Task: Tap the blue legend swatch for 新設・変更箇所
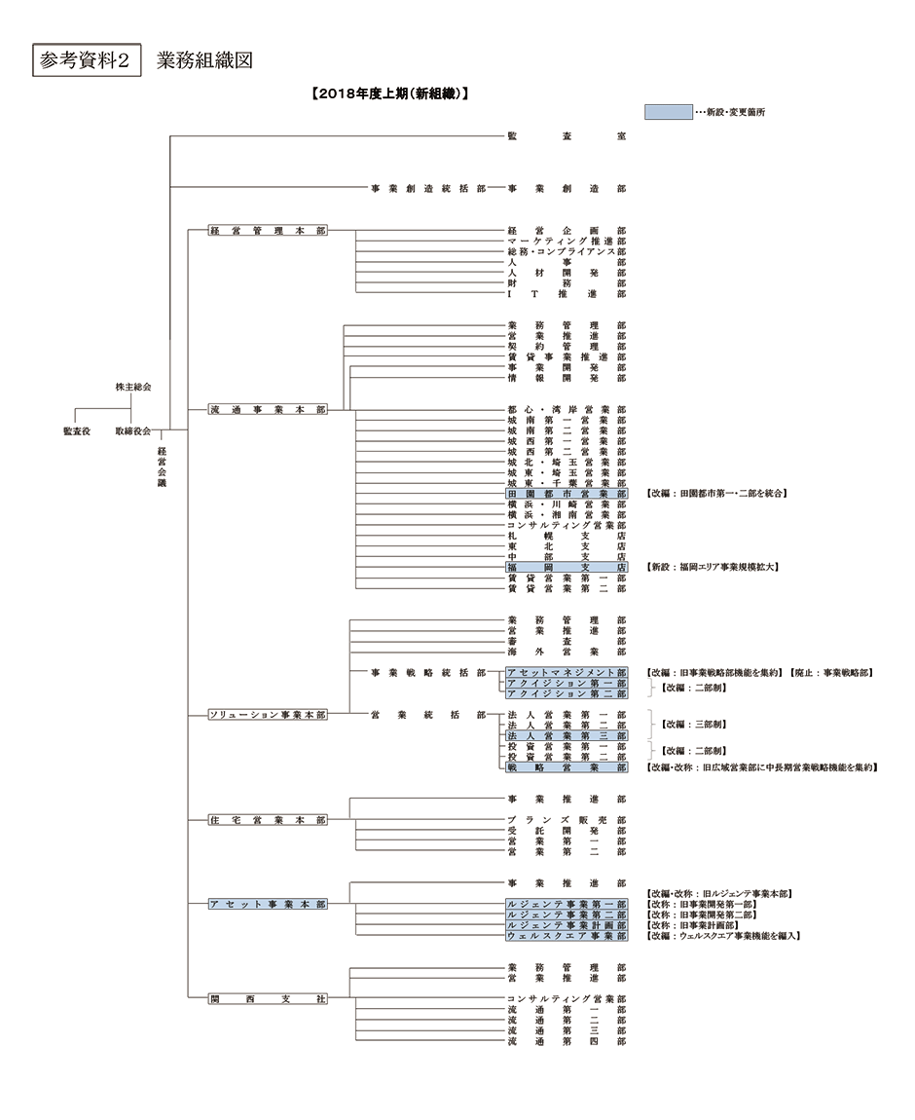[669, 112]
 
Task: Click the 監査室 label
[566, 136]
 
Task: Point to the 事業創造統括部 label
[427, 187]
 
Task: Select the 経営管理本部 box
[269, 231]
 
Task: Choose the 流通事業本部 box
[269, 410]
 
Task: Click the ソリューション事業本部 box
[269, 715]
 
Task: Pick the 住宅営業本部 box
[269, 820]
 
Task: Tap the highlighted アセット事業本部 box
[269, 905]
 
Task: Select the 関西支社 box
[269, 999]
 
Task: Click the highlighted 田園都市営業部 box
[566, 494]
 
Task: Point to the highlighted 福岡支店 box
[566, 567]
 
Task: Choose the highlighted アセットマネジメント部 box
[566, 673]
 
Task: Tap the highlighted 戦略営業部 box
[566, 767]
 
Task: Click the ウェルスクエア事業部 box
[566, 936]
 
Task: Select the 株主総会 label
[133, 388]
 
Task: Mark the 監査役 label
[77, 430]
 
